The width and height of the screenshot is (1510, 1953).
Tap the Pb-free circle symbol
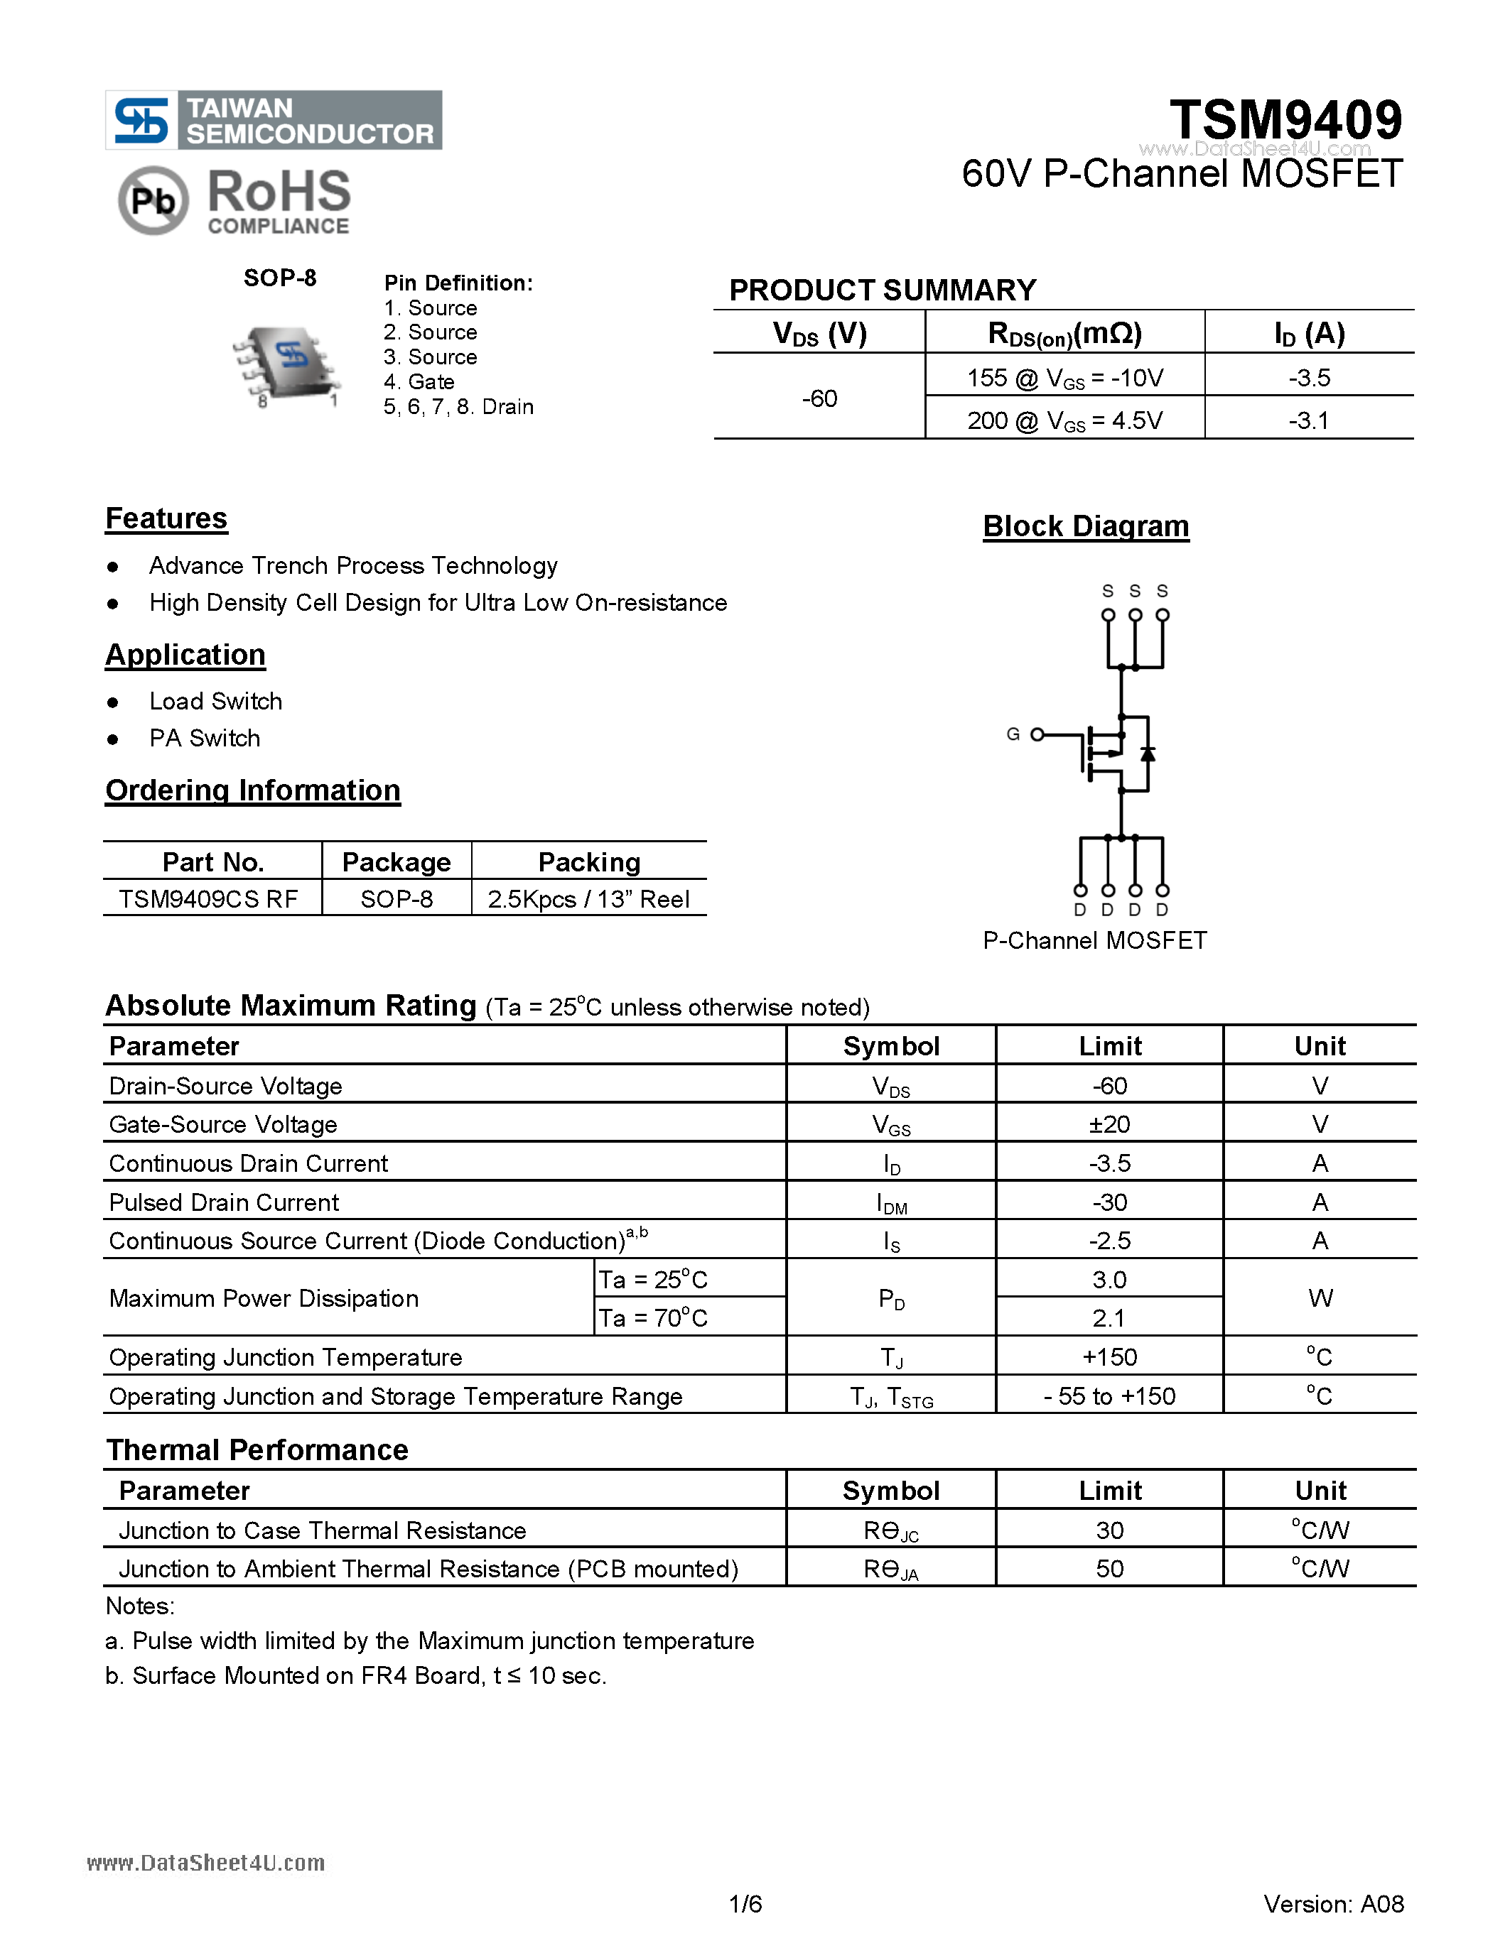(153, 200)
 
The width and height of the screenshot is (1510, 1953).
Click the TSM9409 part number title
(1285, 120)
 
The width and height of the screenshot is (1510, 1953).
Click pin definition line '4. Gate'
(419, 382)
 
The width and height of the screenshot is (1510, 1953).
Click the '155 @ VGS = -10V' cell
(1064, 377)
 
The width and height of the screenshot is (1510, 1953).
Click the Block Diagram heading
(1085, 526)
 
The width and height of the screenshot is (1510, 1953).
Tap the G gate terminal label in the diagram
(1013, 734)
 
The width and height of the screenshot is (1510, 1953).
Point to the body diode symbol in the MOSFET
(1148, 753)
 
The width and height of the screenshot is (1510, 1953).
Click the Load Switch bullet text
(215, 701)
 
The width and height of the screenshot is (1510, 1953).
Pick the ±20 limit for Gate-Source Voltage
(1109, 1124)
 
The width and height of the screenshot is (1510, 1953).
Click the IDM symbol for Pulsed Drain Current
(891, 1204)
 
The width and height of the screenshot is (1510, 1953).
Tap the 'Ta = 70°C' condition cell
(653, 1318)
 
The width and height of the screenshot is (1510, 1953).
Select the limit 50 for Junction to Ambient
(1109, 1569)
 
